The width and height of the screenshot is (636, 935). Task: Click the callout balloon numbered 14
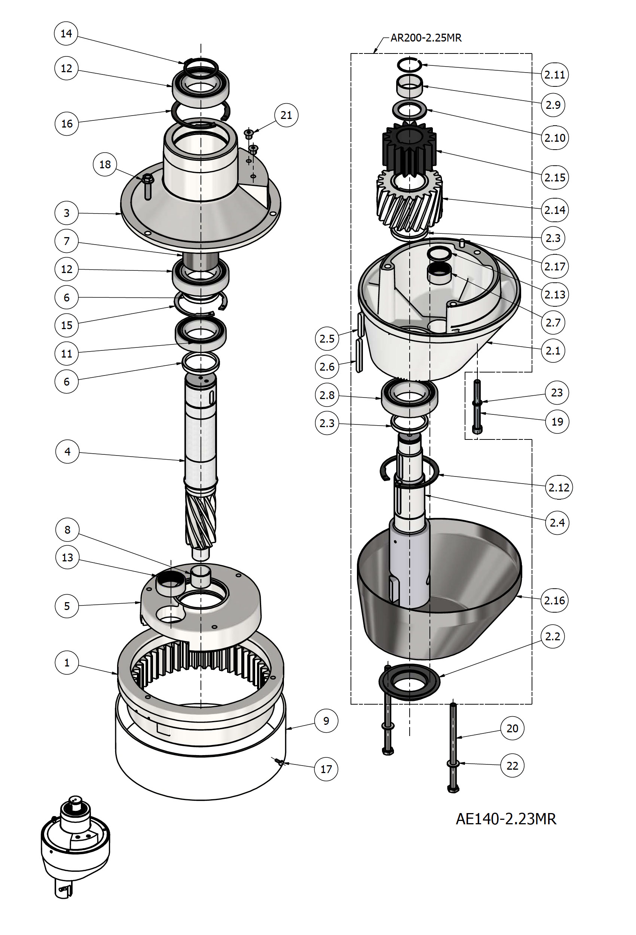point(66,33)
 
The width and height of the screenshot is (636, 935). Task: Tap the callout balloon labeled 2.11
point(555,74)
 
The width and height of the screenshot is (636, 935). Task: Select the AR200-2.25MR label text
point(426,38)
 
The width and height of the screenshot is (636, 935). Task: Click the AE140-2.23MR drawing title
point(506,818)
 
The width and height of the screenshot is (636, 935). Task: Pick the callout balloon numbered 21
point(286,115)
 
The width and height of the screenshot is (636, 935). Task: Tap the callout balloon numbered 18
point(105,164)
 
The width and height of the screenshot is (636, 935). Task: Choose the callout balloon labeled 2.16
point(555,600)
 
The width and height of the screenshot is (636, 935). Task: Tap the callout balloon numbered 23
point(557,392)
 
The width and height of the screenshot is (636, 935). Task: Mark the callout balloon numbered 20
point(512,728)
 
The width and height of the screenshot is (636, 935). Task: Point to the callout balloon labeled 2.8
point(327,395)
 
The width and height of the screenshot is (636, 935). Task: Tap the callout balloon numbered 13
point(67,557)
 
